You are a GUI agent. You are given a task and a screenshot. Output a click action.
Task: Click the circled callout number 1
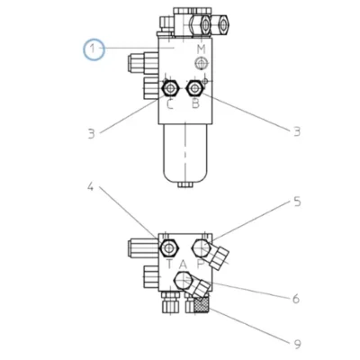tap(94, 49)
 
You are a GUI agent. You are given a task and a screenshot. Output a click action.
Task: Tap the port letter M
tap(202, 49)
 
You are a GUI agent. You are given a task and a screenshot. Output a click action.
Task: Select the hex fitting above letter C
tap(170, 88)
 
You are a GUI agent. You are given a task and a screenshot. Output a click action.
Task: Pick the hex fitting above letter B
tap(195, 88)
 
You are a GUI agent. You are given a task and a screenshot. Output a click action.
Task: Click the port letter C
tap(170, 104)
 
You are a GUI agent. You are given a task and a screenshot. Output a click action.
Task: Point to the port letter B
tap(195, 103)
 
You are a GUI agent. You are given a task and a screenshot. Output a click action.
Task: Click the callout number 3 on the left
tap(91, 134)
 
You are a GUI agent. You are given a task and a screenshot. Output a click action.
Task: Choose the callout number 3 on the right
tap(297, 131)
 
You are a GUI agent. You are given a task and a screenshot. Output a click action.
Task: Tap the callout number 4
tap(91, 187)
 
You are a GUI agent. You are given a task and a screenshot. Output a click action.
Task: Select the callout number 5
tap(297, 202)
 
